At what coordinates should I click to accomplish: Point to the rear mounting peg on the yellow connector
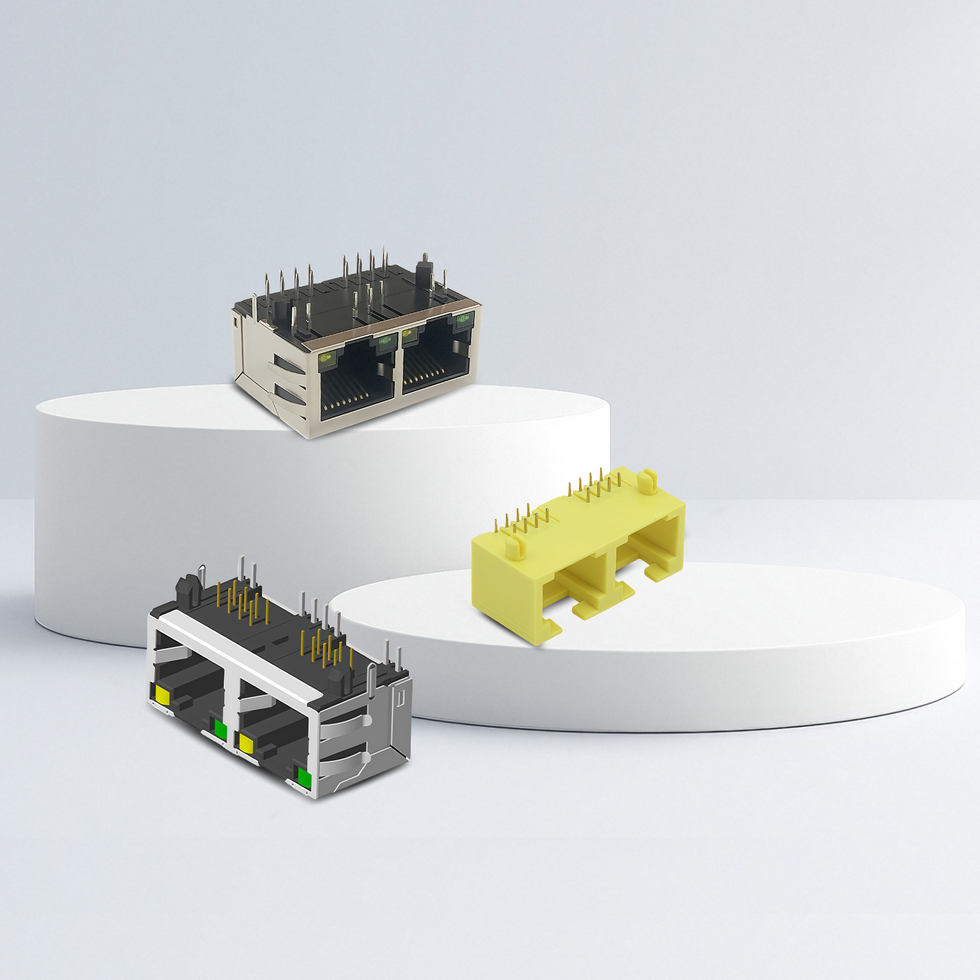point(648,480)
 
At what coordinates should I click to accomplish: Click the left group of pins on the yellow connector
point(522,518)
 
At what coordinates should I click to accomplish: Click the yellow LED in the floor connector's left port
point(163,694)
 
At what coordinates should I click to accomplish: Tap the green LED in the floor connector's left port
point(220,731)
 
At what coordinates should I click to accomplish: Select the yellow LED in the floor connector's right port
point(246,742)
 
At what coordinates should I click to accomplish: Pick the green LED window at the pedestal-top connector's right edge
point(465,319)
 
